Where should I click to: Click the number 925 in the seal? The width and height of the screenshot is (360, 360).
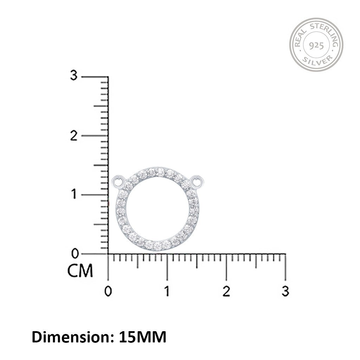pyautogui.click(x=316, y=46)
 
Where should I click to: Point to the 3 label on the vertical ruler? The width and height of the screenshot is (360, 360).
pyautogui.click(x=73, y=75)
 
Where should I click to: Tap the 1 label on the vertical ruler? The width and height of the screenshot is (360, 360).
pyautogui.click(x=73, y=194)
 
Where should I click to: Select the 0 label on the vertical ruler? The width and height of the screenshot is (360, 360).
pyautogui.click(x=73, y=253)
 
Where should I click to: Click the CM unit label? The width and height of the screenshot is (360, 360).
pyautogui.click(x=80, y=271)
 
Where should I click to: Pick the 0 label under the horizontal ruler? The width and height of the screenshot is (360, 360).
pyautogui.click(x=108, y=291)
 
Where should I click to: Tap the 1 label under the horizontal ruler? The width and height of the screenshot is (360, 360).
pyautogui.click(x=167, y=291)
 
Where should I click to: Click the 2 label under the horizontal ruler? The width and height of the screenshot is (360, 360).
pyautogui.click(x=226, y=291)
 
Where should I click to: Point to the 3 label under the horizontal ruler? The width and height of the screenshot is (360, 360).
pyautogui.click(x=285, y=291)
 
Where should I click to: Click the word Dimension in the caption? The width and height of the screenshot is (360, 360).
pyautogui.click(x=70, y=337)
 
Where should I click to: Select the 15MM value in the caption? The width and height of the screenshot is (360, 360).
pyautogui.click(x=142, y=337)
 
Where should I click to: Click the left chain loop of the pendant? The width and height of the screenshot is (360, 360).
pyautogui.click(x=118, y=182)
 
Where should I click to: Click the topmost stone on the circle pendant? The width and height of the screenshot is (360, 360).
pyautogui.click(x=156, y=172)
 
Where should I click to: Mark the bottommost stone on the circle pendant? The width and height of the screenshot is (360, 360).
pyautogui.click(x=157, y=246)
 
